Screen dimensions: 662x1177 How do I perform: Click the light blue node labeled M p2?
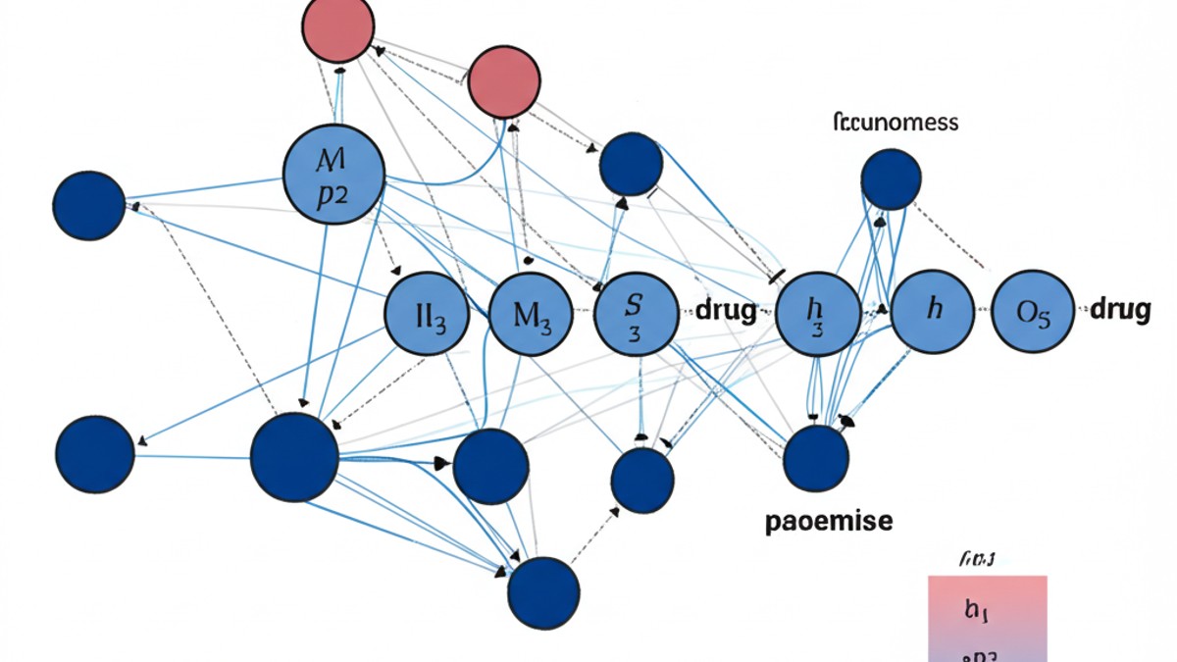(x=333, y=174)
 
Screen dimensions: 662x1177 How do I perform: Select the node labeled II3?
(x=432, y=314)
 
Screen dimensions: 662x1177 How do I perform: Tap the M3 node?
(x=531, y=314)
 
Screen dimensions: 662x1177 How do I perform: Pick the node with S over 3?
(x=636, y=314)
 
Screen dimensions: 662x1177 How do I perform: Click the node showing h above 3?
(x=817, y=314)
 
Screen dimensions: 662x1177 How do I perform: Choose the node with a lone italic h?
(x=933, y=312)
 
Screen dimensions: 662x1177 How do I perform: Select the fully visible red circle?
(x=504, y=83)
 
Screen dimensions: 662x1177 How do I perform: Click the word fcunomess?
(x=895, y=124)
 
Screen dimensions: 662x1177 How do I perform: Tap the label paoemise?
(x=829, y=521)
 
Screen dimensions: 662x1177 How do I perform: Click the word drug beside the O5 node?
(x=1120, y=310)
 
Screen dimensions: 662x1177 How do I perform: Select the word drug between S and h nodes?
(x=726, y=312)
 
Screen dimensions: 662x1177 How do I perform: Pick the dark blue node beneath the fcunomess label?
(x=891, y=178)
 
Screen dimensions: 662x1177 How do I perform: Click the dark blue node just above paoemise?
(x=816, y=458)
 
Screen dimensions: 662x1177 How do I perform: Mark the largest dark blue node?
(x=294, y=457)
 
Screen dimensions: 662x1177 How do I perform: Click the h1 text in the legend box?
(x=976, y=610)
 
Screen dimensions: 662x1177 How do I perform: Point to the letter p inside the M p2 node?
(x=325, y=191)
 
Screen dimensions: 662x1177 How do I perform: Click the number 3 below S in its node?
(x=634, y=332)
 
